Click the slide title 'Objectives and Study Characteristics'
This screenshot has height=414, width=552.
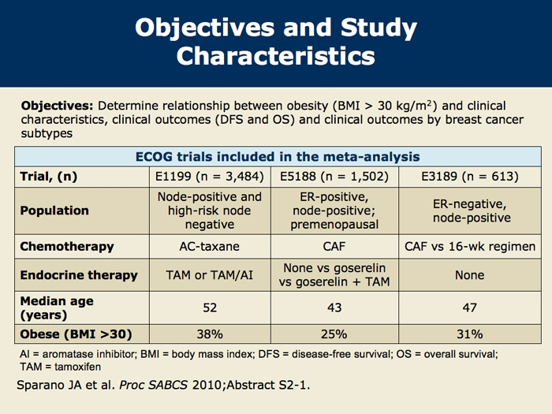point(275,42)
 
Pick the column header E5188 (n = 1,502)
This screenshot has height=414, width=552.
point(335,177)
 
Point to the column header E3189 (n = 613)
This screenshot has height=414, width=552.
point(471,177)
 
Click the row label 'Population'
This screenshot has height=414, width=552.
point(54,211)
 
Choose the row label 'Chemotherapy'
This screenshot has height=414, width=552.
point(67,246)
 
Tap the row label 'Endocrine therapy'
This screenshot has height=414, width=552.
point(78,275)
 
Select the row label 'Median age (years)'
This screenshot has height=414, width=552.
point(55,308)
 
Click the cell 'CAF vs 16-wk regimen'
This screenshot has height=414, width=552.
point(471,246)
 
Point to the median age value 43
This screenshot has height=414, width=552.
point(335,308)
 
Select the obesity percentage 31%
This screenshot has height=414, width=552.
point(471,333)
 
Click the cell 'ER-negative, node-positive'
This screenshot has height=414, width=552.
point(471,211)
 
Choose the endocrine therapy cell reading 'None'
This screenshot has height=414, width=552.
point(471,275)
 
